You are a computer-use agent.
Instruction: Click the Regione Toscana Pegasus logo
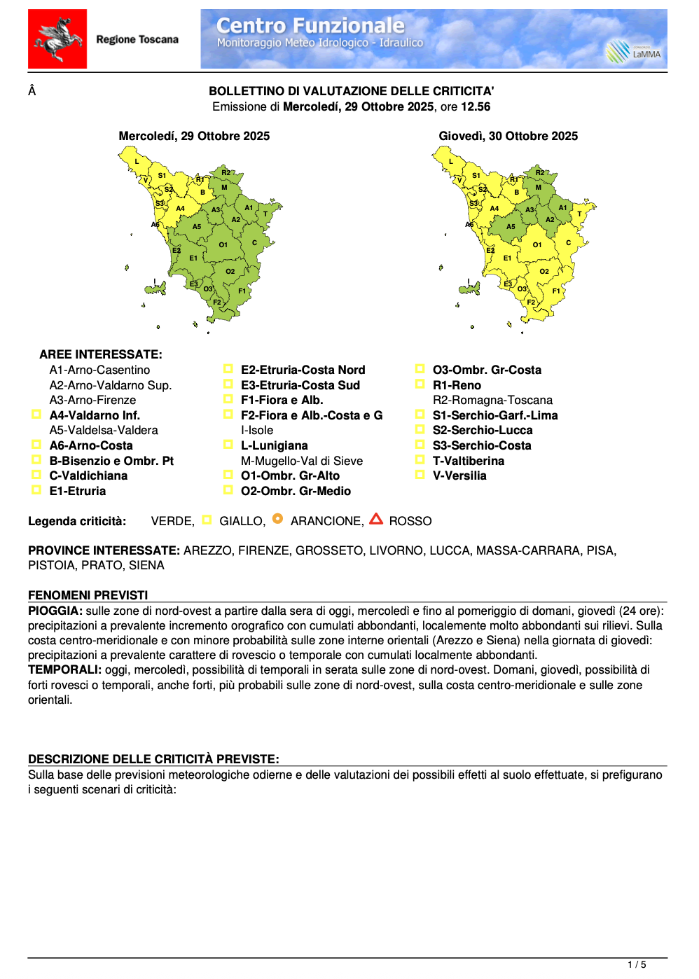coord(57,39)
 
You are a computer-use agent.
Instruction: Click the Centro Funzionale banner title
coord(310,26)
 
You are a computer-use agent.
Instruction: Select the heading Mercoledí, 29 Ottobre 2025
coord(194,136)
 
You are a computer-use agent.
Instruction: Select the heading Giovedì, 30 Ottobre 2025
coord(508,136)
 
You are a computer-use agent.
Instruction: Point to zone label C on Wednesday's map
coord(254,243)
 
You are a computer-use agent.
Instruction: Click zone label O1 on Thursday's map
coord(537,245)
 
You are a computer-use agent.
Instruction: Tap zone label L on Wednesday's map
coord(137,162)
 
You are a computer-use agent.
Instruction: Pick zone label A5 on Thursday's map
coord(511,226)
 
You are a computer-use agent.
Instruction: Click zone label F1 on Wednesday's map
coord(242,291)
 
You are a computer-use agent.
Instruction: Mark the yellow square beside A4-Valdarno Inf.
coord(36,415)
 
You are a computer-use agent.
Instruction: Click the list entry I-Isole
coord(257,430)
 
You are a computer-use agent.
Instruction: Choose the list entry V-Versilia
coord(459,475)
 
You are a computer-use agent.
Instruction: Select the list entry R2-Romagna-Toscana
coord(492,400)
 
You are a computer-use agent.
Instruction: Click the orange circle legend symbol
coord(277,519)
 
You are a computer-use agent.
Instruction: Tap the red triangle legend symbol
coord(376,519)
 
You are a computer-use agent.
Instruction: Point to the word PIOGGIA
coord(55,611)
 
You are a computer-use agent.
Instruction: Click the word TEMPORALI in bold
coord(64,669)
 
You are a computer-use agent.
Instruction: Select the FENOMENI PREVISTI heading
coord(88,595)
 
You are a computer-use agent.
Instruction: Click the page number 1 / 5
coord(637,965)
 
